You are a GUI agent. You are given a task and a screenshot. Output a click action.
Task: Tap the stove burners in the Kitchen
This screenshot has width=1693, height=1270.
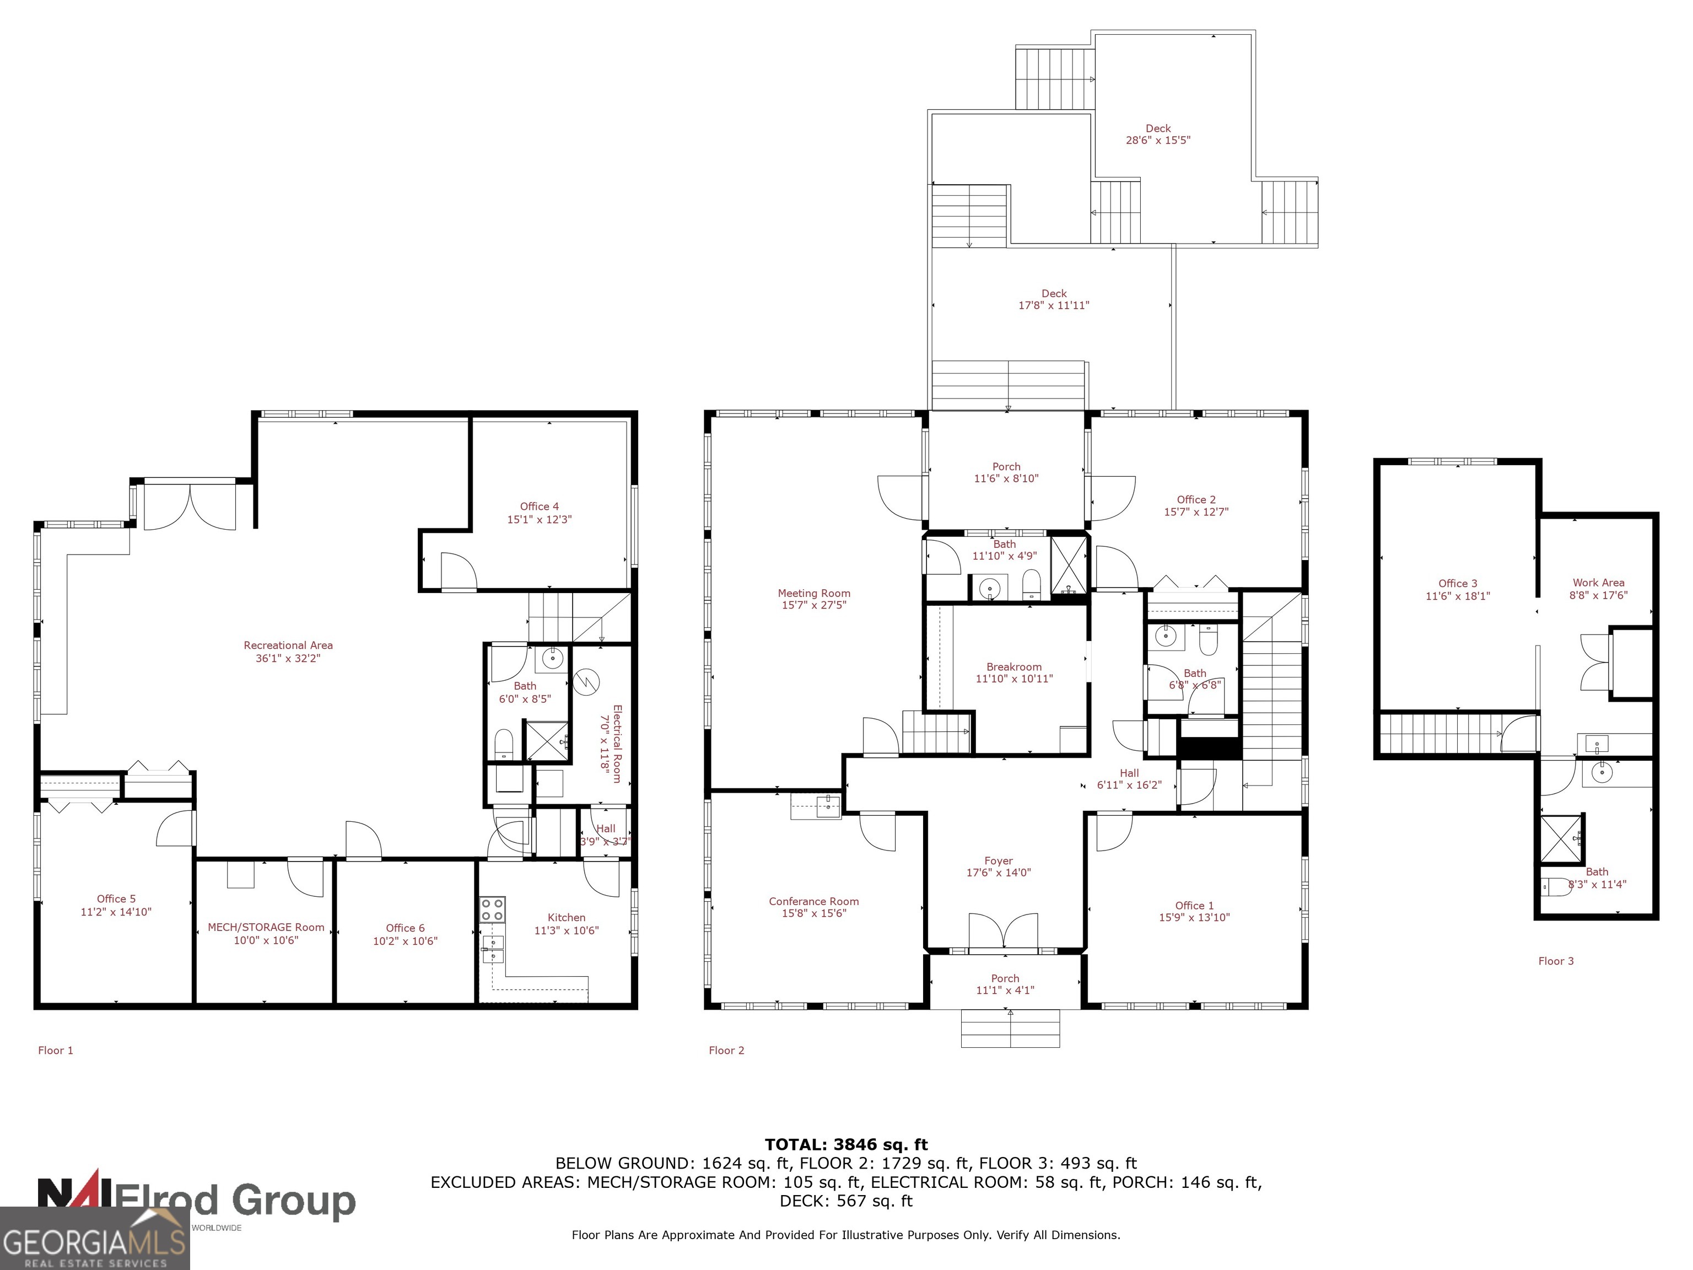tap(492, 910)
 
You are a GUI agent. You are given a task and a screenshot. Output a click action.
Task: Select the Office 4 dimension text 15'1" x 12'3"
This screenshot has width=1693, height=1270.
tap(539, 520)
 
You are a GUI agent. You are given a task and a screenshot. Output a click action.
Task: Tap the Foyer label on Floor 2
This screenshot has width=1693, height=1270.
tap(998, 860)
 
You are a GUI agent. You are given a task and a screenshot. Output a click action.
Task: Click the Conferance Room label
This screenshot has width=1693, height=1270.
tap(813, 901)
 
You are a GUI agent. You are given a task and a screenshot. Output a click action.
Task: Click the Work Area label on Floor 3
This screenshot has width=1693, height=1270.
tap(1598, 583)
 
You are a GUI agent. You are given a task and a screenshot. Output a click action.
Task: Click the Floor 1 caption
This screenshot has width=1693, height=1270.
tap(56, 1050)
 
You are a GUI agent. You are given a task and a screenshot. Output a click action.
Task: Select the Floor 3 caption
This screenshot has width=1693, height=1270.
tap(1556, 961)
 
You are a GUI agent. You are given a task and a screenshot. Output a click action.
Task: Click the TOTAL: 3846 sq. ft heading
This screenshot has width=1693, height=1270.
tap(846, 1144)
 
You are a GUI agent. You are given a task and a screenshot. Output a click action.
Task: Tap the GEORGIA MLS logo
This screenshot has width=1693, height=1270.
tap(93, 1239)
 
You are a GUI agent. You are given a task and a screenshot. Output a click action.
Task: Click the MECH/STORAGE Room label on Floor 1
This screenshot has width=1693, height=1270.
tap(266, 927)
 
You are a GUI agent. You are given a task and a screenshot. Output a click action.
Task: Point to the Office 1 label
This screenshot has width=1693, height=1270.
tap(1194, 906)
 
